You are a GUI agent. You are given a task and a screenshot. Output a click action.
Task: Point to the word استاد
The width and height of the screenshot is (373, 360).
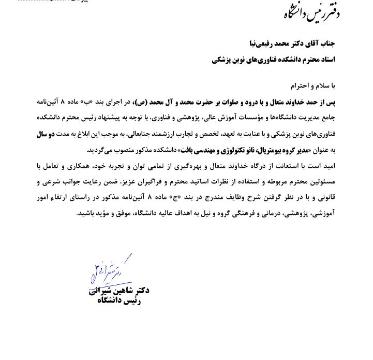(327, 60)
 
